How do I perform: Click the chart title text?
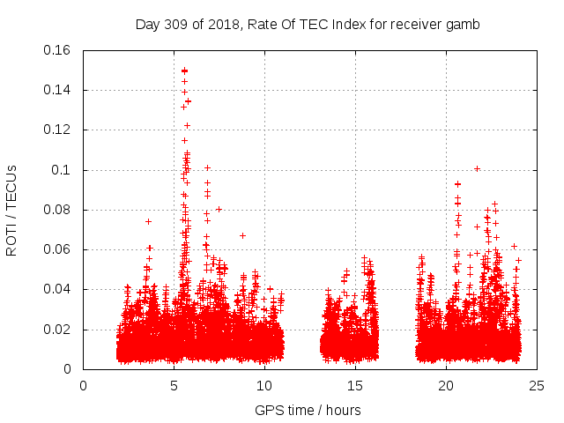[x=308, y=25]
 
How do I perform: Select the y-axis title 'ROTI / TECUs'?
[x=12, y=210]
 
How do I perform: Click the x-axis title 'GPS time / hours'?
[x=308, y=410]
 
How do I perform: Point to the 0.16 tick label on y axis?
[x=57, y=50]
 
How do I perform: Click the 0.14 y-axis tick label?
[x=57, y=90]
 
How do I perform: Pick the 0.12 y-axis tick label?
[x=57, y=130]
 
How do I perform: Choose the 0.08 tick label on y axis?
[x=57, y=210]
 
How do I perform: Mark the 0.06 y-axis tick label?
[x=57, y=250]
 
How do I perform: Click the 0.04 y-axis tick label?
[x=57, y=290]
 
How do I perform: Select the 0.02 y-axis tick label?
[x=57, y=330]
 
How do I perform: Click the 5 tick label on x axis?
[x=174, y=385]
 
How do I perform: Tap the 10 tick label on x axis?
[x=264, y=385]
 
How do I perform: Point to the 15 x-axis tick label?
[x=355, y=385]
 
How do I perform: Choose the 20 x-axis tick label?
[x=446, y=385]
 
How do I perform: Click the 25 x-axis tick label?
[x=537, y=385]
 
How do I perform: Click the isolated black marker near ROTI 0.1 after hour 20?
[x=477, y=168]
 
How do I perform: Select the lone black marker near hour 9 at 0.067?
[x=242, y=235]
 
